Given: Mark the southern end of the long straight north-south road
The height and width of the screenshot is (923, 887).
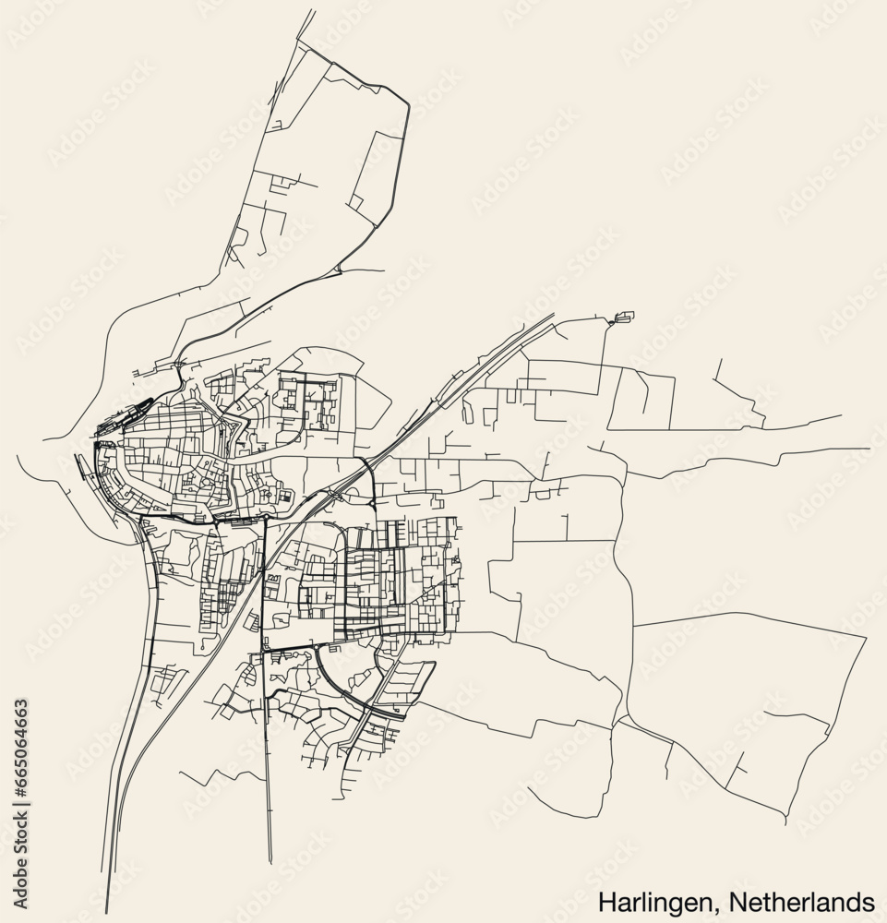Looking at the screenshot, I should [270, 863].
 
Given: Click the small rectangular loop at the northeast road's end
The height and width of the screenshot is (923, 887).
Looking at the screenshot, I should [624, 318].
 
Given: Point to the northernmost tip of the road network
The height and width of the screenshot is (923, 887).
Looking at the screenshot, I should [301, 39].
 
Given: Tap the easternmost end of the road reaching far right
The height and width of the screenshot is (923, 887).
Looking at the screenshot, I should [869, 449].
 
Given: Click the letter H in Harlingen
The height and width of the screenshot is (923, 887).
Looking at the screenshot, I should [605, 900].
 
